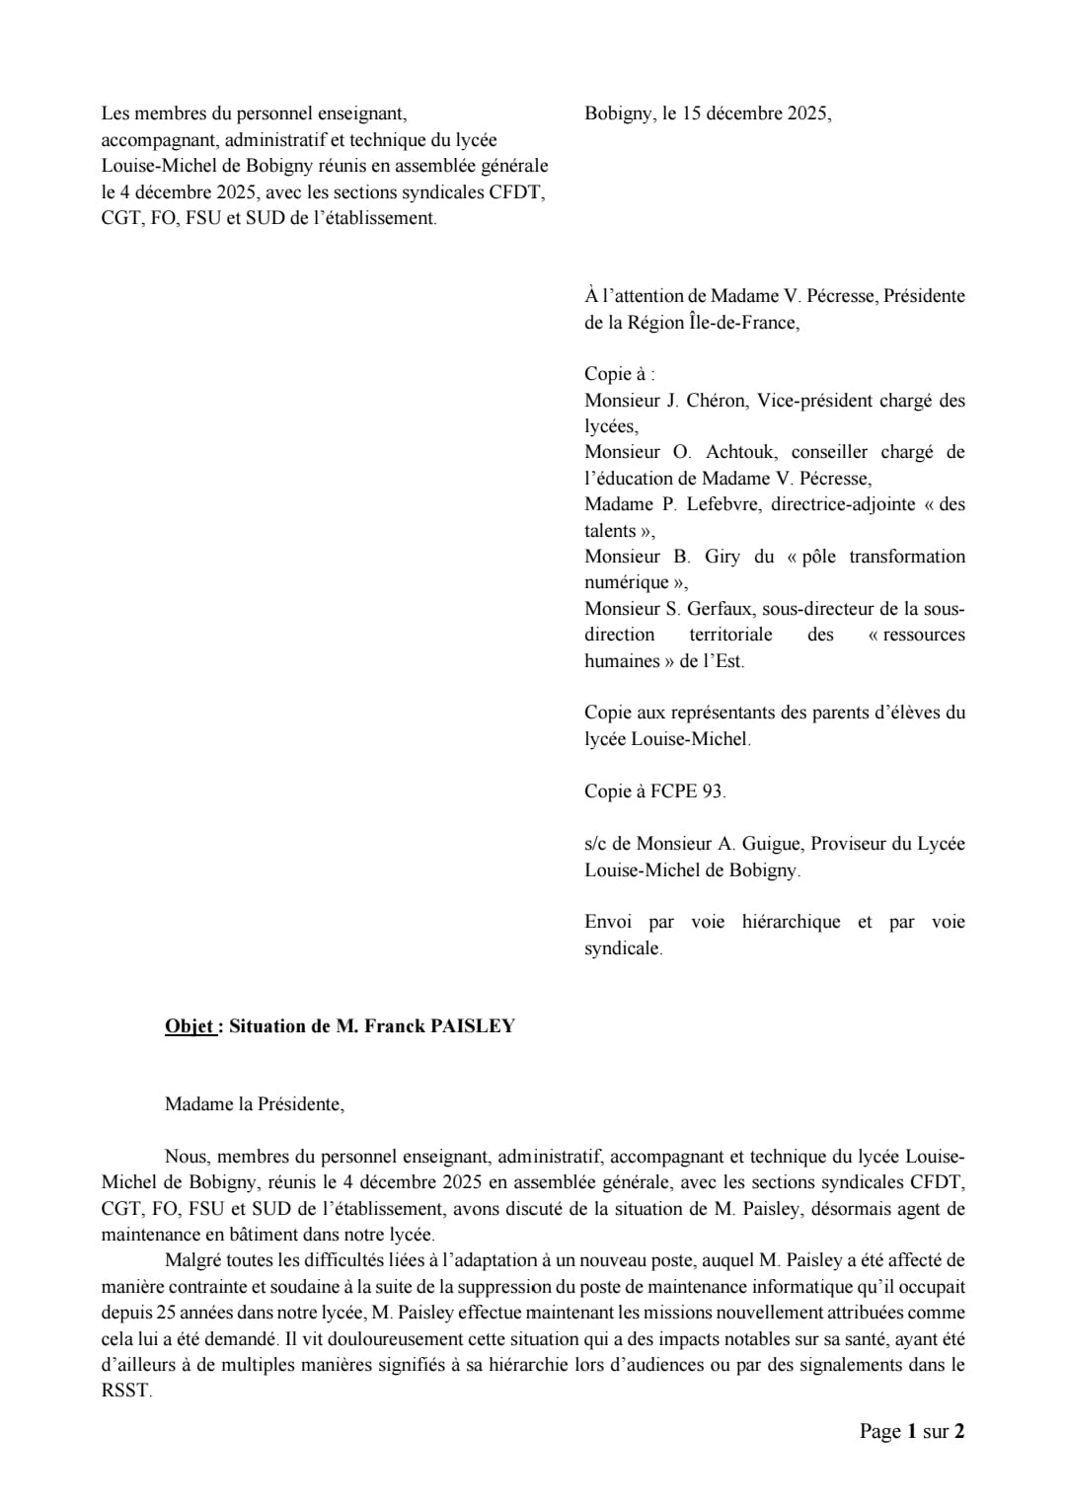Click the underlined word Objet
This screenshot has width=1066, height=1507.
pyautogui.click(x=190, y=1026)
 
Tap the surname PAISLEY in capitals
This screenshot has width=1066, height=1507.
pyautogui.click(x=474, y=1026)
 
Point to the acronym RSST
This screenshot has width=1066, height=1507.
pyautogui.click(x=125, y=1392)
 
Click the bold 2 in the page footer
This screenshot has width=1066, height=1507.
pyautogui.click(x=959, y=1431)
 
